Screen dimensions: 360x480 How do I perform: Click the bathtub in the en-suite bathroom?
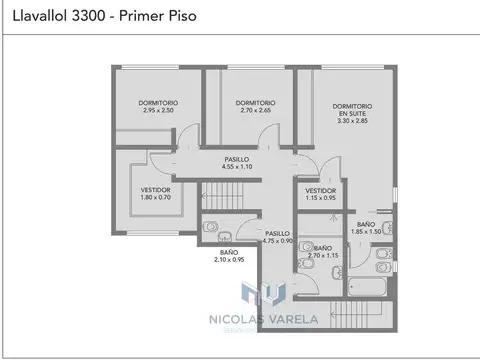(371, 287)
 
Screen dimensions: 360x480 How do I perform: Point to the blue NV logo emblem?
(264, 293)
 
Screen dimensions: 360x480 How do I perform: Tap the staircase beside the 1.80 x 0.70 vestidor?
(225, 185)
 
